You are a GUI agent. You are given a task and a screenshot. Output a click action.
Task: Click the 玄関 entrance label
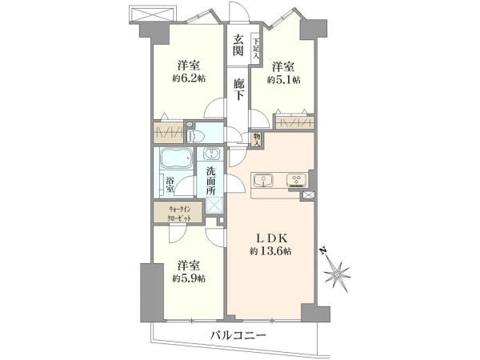pos(238,46)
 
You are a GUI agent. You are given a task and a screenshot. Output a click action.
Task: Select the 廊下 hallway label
pos(238,89)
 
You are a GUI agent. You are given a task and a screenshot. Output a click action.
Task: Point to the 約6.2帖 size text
pos(189,78)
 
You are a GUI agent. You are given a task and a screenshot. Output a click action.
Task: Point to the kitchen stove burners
pos(295,178)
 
